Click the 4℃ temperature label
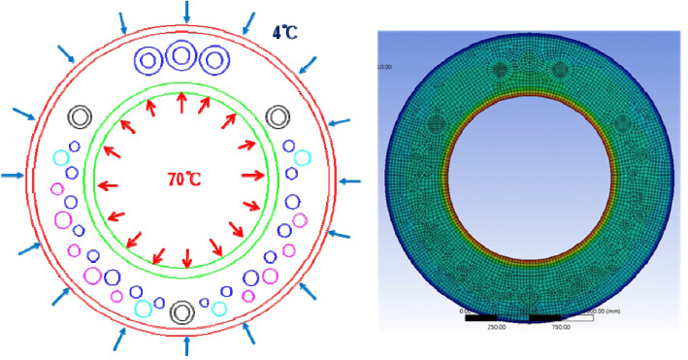[284, 32]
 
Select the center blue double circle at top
[180, 56]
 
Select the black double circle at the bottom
[180, 312]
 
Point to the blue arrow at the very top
[185, 12]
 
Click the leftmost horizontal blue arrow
[13, 176]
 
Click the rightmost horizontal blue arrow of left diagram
[350, 180]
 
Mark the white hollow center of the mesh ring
[530, 180]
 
